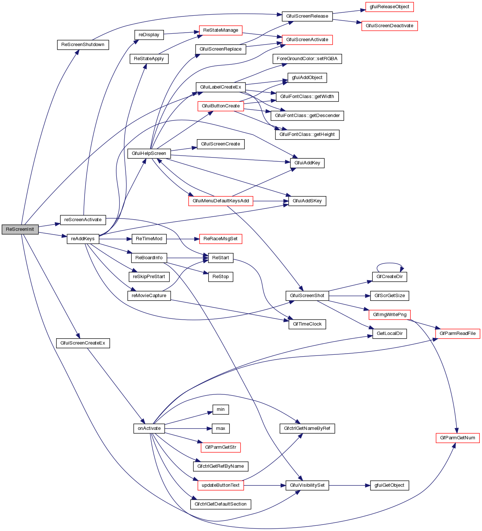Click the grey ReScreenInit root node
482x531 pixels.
click(20, 229)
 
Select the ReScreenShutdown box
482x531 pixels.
click(83, 45)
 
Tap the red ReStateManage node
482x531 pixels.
click(221, 30)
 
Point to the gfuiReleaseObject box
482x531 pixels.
click(389, 7)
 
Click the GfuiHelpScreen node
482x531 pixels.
click(149, 153)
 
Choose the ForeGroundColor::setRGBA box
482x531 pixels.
click(307, 59)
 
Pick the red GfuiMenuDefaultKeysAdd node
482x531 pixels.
click(221, 201)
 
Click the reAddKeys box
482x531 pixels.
click(83, 239)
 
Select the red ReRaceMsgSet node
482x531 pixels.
click(221, 239)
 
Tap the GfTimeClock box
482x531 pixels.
click(307, 324)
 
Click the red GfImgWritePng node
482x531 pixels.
click(390, 315)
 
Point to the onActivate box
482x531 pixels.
click(149, 428)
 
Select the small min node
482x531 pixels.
click(221, 409)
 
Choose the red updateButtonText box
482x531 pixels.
click(221, 485)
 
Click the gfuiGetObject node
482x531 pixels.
click(390, 485)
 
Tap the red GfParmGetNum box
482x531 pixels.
click(458, 438)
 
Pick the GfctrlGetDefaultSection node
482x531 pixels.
click(221, 504)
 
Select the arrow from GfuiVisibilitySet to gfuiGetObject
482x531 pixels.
click(350, 485)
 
